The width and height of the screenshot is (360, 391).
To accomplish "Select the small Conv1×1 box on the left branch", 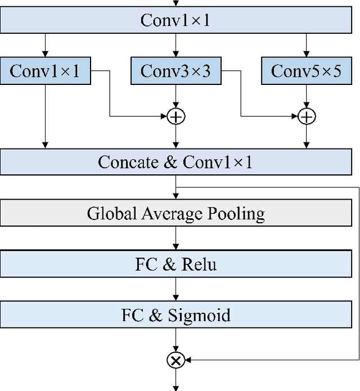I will point(45,71).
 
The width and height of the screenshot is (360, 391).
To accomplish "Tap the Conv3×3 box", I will point(175,71).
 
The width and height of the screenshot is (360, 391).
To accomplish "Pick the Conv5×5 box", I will point(306,71).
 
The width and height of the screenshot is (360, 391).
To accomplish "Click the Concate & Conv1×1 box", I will point(176,162).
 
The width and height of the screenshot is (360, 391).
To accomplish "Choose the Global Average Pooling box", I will point(176,213).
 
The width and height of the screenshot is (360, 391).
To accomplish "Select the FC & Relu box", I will point(176,264).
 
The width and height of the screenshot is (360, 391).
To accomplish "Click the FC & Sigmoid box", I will point(176,314).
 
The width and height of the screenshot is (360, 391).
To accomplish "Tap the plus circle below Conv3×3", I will point(176,116).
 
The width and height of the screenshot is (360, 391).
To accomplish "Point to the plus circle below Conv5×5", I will point(307,116).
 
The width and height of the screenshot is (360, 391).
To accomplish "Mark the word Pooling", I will point(236,213).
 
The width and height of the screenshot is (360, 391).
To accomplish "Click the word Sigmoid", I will point(199,314).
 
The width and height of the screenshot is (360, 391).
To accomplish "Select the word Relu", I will point(199,264).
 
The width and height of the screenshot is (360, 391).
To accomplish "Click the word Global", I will point(106,213).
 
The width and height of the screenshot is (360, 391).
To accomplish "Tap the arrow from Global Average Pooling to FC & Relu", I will point(176,239).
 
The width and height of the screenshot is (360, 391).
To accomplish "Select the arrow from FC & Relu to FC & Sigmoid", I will point(176,289).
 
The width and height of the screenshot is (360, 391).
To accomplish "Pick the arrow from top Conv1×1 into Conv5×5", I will point(306,44).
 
